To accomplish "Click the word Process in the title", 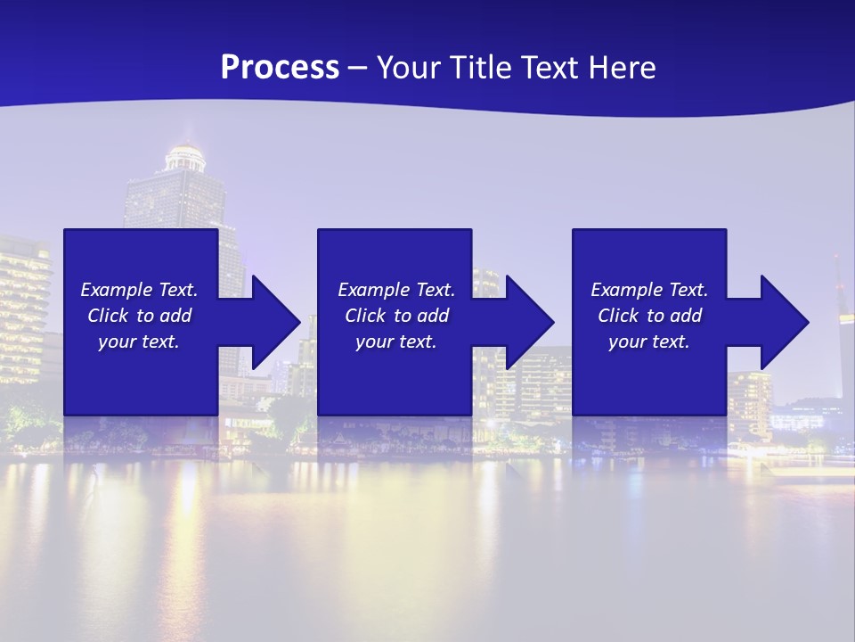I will [x=280, y=67].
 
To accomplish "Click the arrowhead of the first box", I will [x=277, y=322].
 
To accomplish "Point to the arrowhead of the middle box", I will [x=531, y=322].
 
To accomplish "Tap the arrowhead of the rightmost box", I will [x=786, y=322].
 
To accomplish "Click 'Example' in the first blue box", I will [x=117, y=290].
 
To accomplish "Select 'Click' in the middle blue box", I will [x=365, y=316].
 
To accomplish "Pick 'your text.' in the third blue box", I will [x=648, y=342].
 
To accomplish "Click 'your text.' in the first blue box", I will [x=138, y=342].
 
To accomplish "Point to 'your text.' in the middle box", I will [x=395, y=342].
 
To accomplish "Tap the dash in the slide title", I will [x=358, y=68].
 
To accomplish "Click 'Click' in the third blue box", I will [x=618, y=316].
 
